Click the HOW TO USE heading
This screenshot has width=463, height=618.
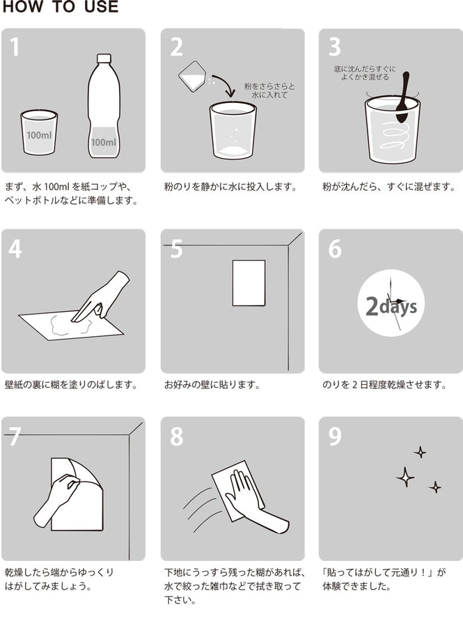pos(60,8)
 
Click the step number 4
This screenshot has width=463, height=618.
pos(15,248)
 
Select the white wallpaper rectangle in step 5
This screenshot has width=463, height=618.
pos(249,283)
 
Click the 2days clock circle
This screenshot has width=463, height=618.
pos(391,304)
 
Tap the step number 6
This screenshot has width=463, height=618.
pos(335,248)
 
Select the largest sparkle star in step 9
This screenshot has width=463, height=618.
pos(405,477)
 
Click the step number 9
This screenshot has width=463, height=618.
pos(335,436)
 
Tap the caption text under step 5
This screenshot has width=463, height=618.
pos(212,384)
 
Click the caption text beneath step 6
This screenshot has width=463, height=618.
pos(384,384)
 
